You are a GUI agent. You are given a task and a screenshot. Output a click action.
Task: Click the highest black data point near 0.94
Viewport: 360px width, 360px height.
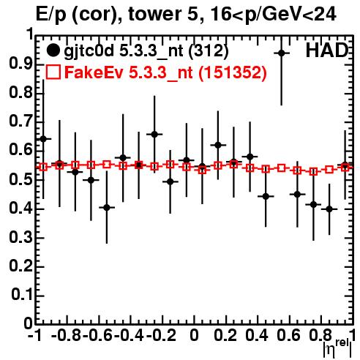tap(282, 53)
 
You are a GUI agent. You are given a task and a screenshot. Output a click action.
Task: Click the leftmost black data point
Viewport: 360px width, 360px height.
tap(43, 139)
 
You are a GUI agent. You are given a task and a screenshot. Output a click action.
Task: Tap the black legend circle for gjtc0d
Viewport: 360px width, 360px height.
tap(53, 50)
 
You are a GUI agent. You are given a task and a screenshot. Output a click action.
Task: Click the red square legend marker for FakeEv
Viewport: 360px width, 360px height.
tap(53, 72)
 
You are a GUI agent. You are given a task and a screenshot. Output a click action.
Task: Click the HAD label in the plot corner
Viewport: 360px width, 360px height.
tap(327, 50)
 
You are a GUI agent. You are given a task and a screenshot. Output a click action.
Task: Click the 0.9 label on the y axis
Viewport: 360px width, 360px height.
tap(21, 64)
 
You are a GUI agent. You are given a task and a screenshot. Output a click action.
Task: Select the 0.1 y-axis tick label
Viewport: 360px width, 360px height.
tap(22, 295)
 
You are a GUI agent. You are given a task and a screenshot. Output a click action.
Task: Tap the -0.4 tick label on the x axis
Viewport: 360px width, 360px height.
tap(129, 335)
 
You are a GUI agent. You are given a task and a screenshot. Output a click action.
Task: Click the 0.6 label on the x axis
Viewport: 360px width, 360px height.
tap(288, 335)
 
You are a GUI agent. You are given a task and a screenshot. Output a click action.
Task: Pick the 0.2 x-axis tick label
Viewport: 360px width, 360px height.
tap(225, 335)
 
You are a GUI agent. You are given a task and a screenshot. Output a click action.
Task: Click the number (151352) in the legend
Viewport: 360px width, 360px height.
tap(232, 72)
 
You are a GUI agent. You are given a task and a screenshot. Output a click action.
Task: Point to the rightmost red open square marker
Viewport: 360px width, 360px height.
tap(345, 168)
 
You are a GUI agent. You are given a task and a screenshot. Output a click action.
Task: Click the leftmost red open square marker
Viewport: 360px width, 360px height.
tap(43, 167)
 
